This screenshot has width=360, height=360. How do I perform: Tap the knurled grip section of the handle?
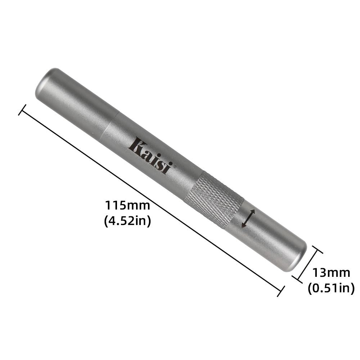tap(214, 200)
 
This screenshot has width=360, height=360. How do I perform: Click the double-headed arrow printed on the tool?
tap(248, 218)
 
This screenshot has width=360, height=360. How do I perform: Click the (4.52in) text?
tap(127, 221)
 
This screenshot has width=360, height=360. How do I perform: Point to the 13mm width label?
tap(331, 273)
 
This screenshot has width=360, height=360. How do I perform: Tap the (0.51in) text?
tap(331, 288)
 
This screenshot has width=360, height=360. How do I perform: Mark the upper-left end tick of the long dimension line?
tap(22, 110)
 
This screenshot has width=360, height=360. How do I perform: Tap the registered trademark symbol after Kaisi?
tap(175, 166)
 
